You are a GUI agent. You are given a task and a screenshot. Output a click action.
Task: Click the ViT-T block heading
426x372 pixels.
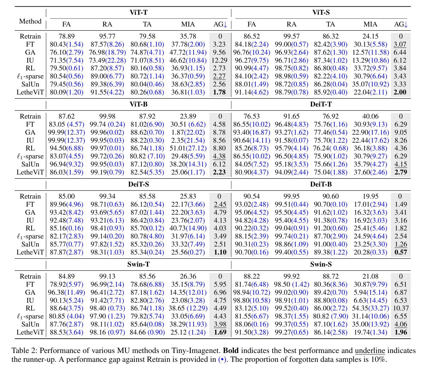139,13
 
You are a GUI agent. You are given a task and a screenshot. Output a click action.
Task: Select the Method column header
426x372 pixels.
30,21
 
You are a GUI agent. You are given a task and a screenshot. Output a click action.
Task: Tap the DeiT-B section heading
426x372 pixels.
321,184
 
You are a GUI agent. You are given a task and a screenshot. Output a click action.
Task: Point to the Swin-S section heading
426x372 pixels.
321,264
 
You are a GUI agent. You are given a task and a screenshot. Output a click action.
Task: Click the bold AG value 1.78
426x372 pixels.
220,92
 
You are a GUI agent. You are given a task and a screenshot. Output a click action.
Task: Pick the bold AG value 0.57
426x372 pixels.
401,252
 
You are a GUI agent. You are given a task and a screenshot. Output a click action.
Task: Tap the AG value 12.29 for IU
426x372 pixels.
220,60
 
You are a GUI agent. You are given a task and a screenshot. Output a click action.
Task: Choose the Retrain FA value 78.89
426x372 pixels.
67,36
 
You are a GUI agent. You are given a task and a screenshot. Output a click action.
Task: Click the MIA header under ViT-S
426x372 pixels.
370,24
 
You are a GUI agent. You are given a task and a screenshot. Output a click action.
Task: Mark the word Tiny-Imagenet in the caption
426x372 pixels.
196,351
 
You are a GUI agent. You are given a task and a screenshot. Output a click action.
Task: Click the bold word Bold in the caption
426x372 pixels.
231,351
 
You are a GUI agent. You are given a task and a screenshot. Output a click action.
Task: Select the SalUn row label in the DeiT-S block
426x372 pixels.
30,244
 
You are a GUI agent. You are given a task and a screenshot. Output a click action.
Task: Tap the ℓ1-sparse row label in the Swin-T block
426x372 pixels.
30,316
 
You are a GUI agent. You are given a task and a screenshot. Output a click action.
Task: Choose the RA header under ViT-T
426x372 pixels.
107,24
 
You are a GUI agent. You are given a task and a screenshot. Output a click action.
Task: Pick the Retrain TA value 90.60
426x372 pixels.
331,196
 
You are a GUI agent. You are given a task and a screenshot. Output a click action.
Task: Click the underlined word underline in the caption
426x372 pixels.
370,351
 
